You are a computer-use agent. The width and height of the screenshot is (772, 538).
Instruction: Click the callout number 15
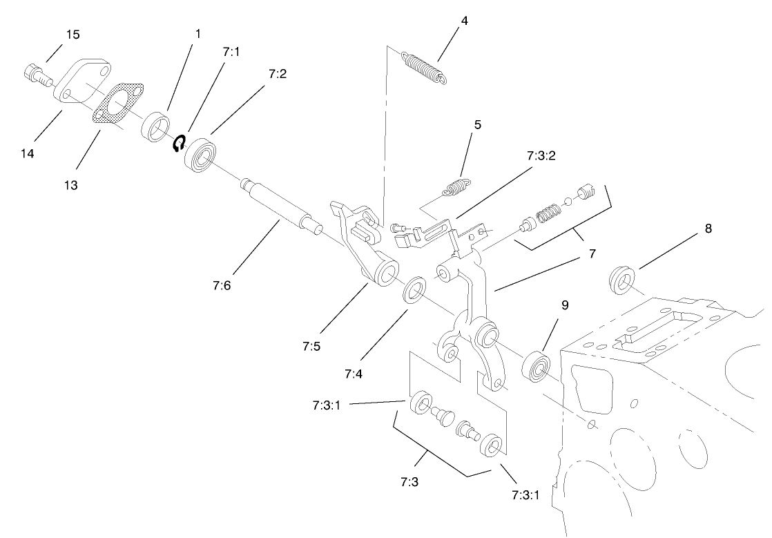point(73,35)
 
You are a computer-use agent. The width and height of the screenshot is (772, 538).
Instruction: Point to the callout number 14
point(27,153)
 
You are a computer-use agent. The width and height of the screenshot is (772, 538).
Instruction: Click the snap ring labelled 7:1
point(180,143)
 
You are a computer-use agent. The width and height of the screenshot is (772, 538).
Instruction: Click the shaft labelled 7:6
point(280,206)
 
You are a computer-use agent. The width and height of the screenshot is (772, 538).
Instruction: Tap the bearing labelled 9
point(537,367)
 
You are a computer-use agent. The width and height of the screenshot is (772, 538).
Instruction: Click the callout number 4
point(465,21)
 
